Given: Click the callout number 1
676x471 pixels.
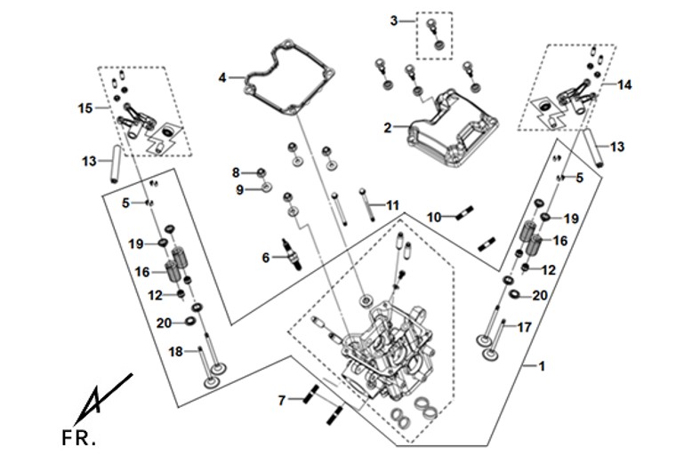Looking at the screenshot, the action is click(x=542, y=366).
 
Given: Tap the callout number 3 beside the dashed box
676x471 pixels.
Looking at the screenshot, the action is click(x=394, y=20).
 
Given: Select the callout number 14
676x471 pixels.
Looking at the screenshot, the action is click(x=624, y=85).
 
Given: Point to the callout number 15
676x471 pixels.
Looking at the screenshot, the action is click(x=85, y=108).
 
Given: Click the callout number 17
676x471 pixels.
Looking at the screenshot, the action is click(x=524, y=328).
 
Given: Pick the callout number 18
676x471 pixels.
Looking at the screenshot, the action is click(x=175, y=352).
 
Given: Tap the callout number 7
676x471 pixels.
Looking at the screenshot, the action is click(x=282, y=401).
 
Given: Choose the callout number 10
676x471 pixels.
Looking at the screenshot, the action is click(x=435, y=218).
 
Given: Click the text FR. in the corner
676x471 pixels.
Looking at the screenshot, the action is click(x=79, y=438).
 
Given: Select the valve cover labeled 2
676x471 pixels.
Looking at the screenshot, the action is click(x=453, y=128).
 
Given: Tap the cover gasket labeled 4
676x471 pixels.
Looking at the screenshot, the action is click(x=289, y=77).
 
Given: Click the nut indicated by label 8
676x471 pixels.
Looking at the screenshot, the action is click(x=261, y=173).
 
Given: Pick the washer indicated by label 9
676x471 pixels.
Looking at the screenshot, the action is click(x=267, y=187).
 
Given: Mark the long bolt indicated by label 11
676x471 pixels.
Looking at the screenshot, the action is click(x=367, y=205).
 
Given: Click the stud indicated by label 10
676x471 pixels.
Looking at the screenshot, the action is click(x=464, y=213).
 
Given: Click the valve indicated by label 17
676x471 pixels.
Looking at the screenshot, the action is click(x=495, y=340).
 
